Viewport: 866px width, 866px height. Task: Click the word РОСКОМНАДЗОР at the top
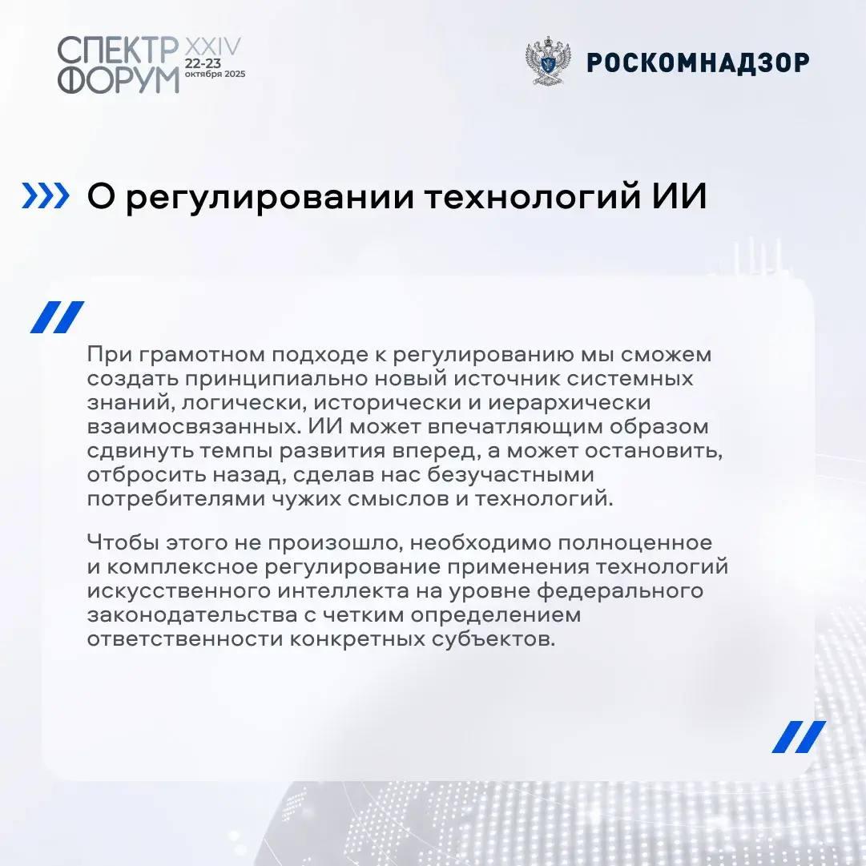pyautogui.click(x=698, y=62)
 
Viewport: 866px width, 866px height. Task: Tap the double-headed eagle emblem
pyautogui.click(x=547, y=61)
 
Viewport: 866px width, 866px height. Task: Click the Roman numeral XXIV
pyautogui.click(x=212, y=46)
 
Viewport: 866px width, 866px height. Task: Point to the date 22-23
pyautogui.click(x=203, y=63)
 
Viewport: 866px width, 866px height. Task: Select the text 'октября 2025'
pyautogui.click(x=215, y=74)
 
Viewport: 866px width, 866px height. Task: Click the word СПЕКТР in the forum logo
pyautogui.click(x=118, y=50)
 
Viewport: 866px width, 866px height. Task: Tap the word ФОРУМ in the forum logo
pyautogui.click(x=119, y=80)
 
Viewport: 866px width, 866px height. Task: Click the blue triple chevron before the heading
pyautogui.click(x=46, y=196)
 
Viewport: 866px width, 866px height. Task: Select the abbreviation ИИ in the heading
pyautogui.click(x=679, y=196)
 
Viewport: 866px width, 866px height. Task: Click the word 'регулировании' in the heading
pyautogui.click(x=270, y=198)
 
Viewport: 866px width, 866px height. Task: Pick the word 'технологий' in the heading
pyautogui.click(x=533, y=198)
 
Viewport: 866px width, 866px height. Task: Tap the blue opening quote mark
pyautogui.click(x=57, y=317)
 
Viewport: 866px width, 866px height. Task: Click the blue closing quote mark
pyautogui.click(x=799, y=737)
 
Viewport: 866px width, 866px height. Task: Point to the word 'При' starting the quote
pyautogui.click(x=106, y=355)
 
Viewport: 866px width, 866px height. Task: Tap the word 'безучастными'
pyautogui.click(x=511, y=475)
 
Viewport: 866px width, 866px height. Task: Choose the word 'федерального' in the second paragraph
pyautogui.click(x=620, y=591)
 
